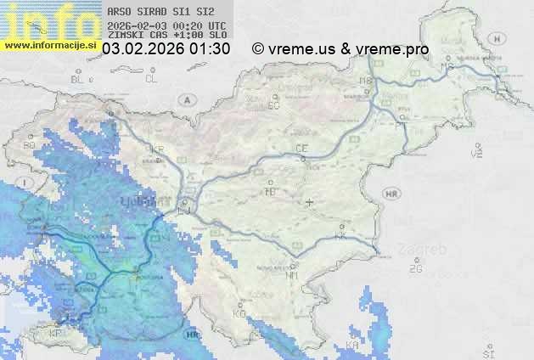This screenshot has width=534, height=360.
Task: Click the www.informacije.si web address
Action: (x=50, y=44)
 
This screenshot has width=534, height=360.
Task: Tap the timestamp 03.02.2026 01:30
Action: (x=166, y=49)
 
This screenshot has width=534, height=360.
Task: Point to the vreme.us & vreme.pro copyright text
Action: (x=340, y=49)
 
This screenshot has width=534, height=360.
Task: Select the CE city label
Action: (x=301, y=149)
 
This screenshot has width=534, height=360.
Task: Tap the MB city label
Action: (x=366, y=81)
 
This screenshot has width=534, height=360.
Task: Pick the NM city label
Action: (x=292, y=275)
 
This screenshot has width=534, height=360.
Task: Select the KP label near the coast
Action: (x=56, y=334)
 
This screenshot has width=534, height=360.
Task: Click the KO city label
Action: (x=239, y=313)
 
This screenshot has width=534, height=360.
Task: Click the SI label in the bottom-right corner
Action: (x=487, y=352)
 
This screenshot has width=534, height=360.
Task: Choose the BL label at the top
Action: (x=78, y=79)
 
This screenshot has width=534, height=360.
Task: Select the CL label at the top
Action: (x=151, y=79)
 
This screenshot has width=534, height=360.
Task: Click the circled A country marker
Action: (x=186, y=99)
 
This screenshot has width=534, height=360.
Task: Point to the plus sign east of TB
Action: (x=310, y=202)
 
